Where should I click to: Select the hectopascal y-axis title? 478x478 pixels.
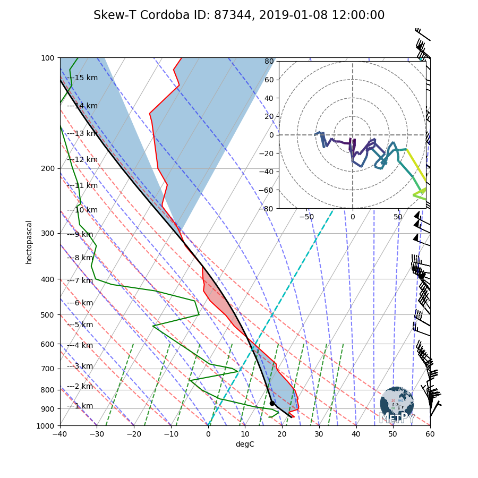click(29, 242)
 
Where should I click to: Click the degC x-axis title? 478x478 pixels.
click(245, 444)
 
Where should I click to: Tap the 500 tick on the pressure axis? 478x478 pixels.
click(48, 315)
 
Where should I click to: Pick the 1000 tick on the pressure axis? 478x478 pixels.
click(46, 426)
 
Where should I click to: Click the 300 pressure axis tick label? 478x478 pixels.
click(48, 234)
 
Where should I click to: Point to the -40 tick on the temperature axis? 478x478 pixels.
click(60, 434)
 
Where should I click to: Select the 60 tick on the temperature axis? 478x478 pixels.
click(430, 434)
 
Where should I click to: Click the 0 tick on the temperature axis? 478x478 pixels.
click(208, 434)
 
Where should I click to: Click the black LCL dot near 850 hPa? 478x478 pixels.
click(272, 403)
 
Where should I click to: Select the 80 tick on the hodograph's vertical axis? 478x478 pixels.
click(269, 61)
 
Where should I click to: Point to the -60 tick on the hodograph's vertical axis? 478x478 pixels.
click(267, 190)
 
